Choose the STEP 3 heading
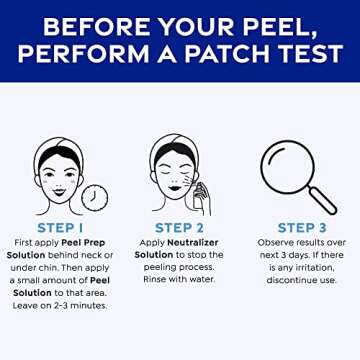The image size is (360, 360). (x=299, y=227)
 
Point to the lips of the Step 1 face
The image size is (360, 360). (x=60, y=187)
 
